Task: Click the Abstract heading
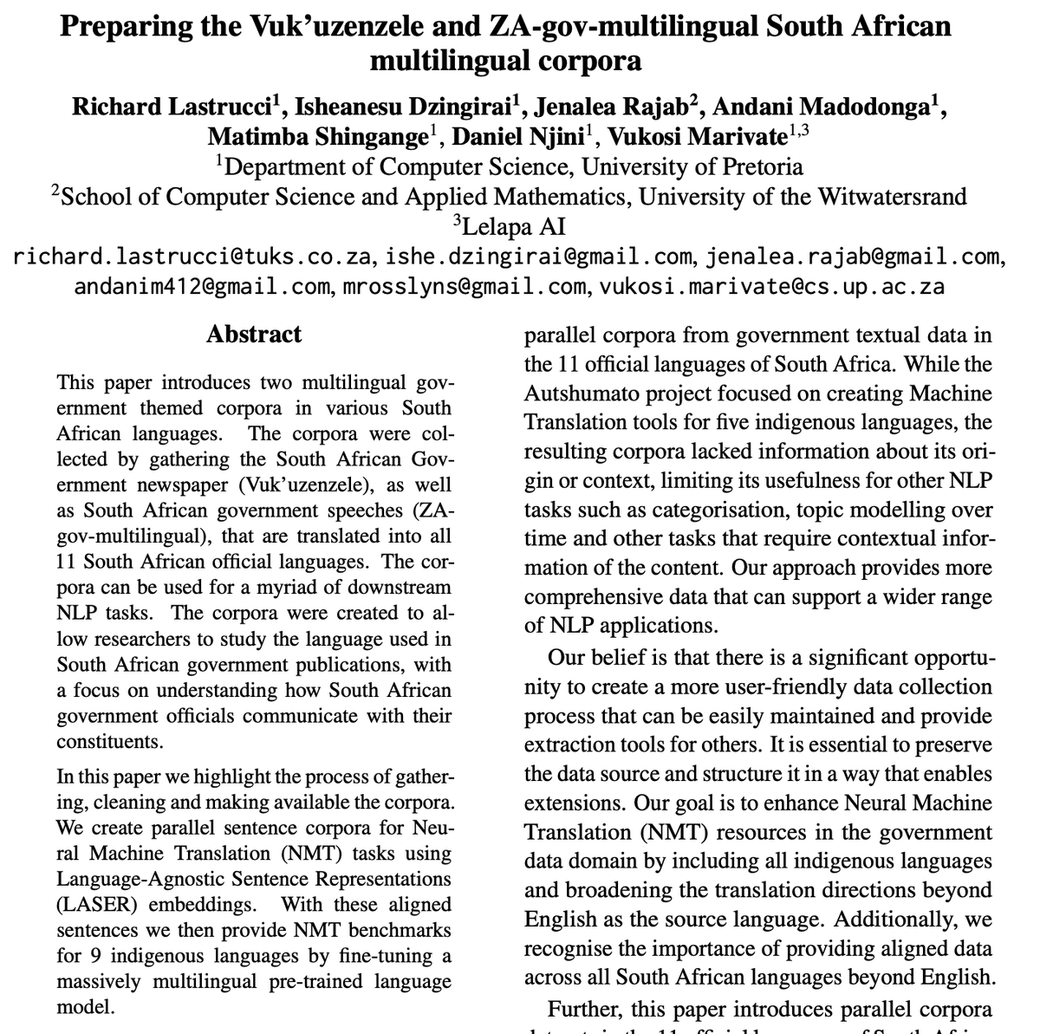coord(254,335)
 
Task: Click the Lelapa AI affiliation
coord(513,226)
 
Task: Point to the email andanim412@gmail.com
coord(198,286)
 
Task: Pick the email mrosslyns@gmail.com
coord(462,286)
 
